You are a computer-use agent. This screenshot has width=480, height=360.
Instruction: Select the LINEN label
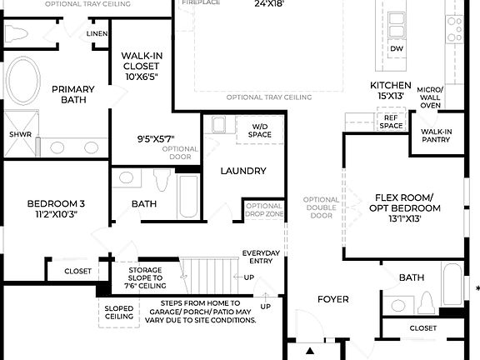pyautogui.click(x=97, y=34)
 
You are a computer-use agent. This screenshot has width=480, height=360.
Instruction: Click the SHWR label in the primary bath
pyautogui.click(x=20, y=133)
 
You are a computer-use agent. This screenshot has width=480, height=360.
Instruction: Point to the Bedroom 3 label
pyautogui.click(x=56, y=208)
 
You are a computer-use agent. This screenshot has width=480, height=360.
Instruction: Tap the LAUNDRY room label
pyautogui.click(x=243, y=171)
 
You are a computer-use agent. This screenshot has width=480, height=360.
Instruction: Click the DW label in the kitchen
pyautogui.click(x=397, y=48)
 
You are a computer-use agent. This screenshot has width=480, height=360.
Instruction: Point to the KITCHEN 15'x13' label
pyautogui.click(x=391, y=90)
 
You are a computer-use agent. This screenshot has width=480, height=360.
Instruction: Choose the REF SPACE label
pyautogui.click(x=391, y=122)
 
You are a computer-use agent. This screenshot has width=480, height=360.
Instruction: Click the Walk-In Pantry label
pyautogui.click(x=437, y=137)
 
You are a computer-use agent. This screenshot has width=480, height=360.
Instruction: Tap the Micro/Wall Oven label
pyautogui.click(x=430, y=97)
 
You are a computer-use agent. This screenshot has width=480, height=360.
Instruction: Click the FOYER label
pyautogui.click(x=332, y=297)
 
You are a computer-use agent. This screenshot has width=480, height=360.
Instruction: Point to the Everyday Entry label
pyautogui.click(x=261, y=257)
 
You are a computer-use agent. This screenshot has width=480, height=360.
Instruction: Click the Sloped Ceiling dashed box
pyautogui.click(x=118, y=312)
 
